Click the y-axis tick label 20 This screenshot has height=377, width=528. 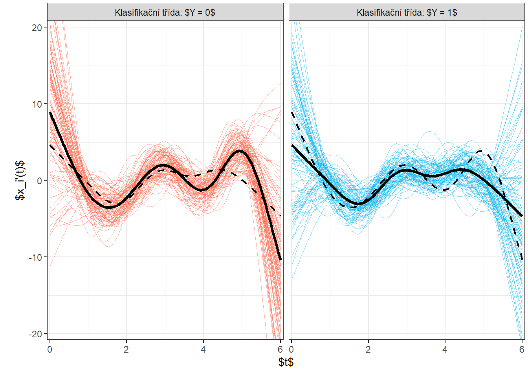click(x=37, y=27)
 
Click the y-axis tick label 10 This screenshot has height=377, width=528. click(x=37, y=104)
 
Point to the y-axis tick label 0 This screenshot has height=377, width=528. click(x=39, y=181)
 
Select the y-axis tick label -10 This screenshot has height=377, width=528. click(x=35, y=257)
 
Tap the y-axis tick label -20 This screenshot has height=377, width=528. click(x=35, y=334)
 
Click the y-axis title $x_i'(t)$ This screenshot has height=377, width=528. click(x=20, y=180)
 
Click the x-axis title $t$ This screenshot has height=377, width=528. click(x=286, y=362)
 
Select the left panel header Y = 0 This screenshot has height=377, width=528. click(x=165, y=12)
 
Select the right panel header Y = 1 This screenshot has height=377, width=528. click(x=407, y=12)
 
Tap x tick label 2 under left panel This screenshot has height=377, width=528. click(x=126, y=350)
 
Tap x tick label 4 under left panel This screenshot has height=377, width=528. click(x=203, y=350)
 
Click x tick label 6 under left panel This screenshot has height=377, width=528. click(x=280, y=350)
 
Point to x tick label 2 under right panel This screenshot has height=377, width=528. click(x=368, y=350)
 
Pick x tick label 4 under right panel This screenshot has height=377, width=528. click(x=445, y=350)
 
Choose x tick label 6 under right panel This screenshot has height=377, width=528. click(x=522, y=350)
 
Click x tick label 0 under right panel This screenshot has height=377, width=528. click(x=291, y=350)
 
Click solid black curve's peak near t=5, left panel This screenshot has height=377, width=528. click(x=240, y=151)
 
